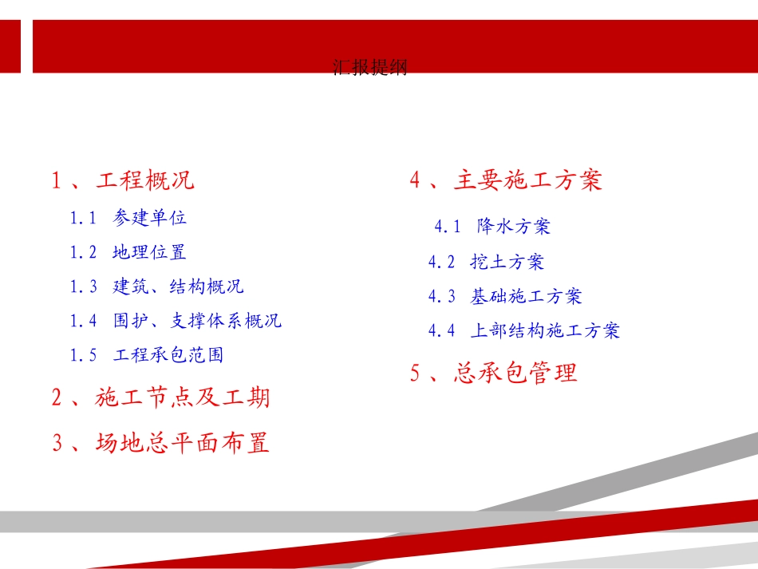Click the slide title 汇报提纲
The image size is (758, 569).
pyautogui.click(x=369, y=68)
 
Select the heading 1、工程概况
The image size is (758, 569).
pyautogui.click(x=124, y=180)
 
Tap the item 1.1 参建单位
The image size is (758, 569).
pyautogui.click(x=128, y=217)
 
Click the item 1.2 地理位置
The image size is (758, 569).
pyautogui.click(x=128, y=252)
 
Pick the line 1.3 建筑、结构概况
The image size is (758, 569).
pyautogui.click(x=156, y=286)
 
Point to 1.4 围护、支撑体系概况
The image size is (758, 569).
pyautogui.click(x=176, y=321)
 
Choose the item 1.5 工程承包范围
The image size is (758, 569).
pyautogui.click(x=146, y=355)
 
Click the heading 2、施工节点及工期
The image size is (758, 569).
pyautogui.click(x=161, y=397)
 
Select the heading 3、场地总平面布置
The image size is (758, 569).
pyautogui.click(x=161, y=442)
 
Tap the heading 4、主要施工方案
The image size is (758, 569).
pyautogui.click(x=506, y=180)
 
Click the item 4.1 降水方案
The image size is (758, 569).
pyautogui.click(x=492, y=227)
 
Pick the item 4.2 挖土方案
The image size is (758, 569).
pyautogui.click(x=486, y=261)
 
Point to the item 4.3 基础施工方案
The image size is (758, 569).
pyautogui.click(x=505, y=296)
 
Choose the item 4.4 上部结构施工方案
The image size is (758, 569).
pyautogui.click(x=523, y=330)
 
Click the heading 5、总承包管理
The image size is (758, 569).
pyautogui.click(x=493, y=373)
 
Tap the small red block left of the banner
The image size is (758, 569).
pyautogui.click(x=10, y=46)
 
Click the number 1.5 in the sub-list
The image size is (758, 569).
pyautogui.click(x=83, y=356)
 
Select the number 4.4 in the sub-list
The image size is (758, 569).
pyautogui.click(x=441, y=330)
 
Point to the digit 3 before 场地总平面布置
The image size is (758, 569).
pyautogui.click(x=57, y=443)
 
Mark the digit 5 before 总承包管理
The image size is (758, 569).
pyautogui.click(x=415, y=373)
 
